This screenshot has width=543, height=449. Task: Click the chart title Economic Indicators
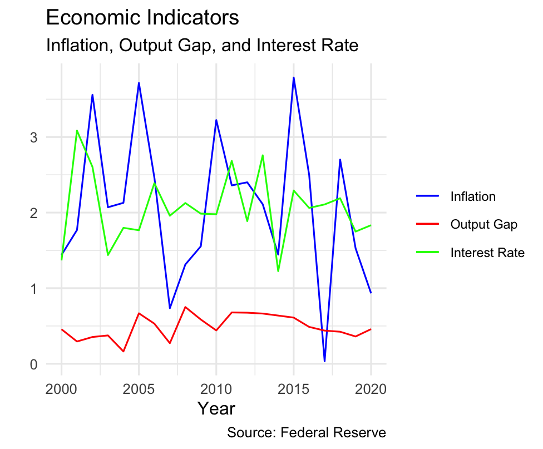pyautogui.click(x=142, y=18)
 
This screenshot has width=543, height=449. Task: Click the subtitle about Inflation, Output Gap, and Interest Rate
pyautogui.click(x=201, y=45)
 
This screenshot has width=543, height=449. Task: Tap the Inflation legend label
pyautogui.click(x=473, y=196)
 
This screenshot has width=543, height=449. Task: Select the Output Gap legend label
pyautogui.click(x=483, y=225)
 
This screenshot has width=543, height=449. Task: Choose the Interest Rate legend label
pyautogui.click(x=487, y=253)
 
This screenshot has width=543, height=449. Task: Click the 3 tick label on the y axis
pyautogui.click(x=34, y=137)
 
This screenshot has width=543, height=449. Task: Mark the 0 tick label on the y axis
pyautogui.click(x=34, y=364)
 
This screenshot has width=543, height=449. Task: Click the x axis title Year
pyautogui.click(x=216, y=409)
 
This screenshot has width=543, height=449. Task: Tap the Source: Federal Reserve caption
pyautogui.click(x=307, y=433)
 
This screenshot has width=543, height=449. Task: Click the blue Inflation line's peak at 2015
pyautogui.click(x=293, y=77)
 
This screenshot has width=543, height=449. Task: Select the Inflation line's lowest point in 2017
pyautogui.click(x=324, y=362)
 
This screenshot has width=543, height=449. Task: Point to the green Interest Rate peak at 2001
pyautogui.click(x=77, y=131)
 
